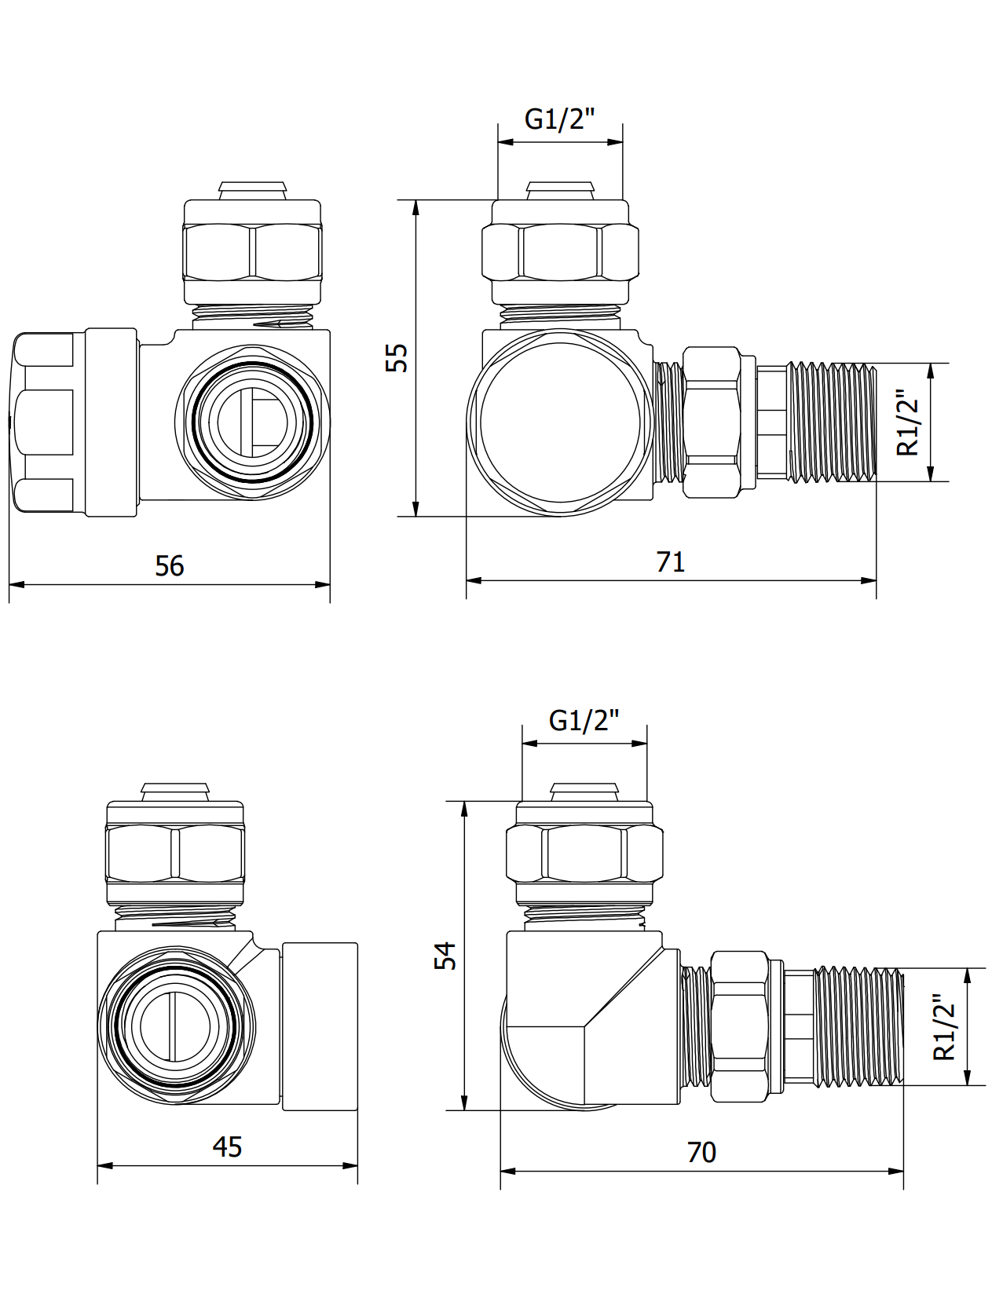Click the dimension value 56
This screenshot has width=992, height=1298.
(169, 566)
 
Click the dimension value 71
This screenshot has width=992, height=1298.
(670, 562)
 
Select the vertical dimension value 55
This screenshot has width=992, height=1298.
(397, 357)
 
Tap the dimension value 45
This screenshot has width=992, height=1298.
(227, 1147)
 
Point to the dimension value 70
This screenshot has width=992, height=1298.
(701, 1153)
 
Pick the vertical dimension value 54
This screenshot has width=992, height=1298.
(445, 956)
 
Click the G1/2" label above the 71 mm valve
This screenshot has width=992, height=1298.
(559, 119)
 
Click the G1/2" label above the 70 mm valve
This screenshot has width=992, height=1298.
(584, 720)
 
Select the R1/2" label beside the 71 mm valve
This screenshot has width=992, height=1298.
(908, 422)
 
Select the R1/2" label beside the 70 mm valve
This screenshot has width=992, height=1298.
(944, 1027)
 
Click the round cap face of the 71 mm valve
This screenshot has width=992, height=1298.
(559, 422)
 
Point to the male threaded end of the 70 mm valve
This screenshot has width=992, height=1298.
(858, 1026)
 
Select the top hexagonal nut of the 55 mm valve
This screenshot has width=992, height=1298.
(559, 251)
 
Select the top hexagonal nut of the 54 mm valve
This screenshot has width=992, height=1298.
(584, 853)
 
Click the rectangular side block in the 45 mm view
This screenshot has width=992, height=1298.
(320, 1026)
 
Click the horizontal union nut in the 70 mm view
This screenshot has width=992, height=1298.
(739, 1026)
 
